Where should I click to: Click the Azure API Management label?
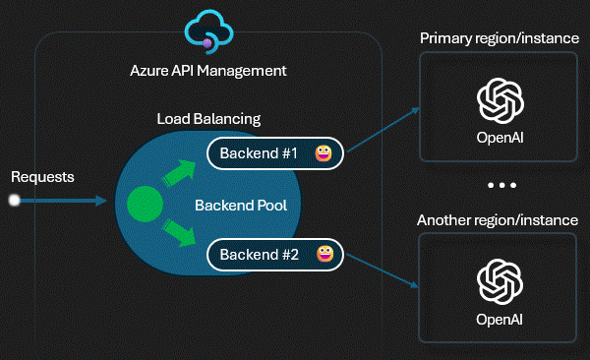pos(208,71)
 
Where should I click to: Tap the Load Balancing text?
pos(208,119)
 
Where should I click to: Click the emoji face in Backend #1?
pos(323,153)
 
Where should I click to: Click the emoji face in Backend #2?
pos(323,256)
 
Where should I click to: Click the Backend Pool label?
pos(233,206)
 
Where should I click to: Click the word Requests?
pos(42,177)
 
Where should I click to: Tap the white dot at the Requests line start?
pos(14,201)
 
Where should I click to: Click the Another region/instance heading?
pos(498,219)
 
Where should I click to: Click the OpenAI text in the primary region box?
pos(498,137)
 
